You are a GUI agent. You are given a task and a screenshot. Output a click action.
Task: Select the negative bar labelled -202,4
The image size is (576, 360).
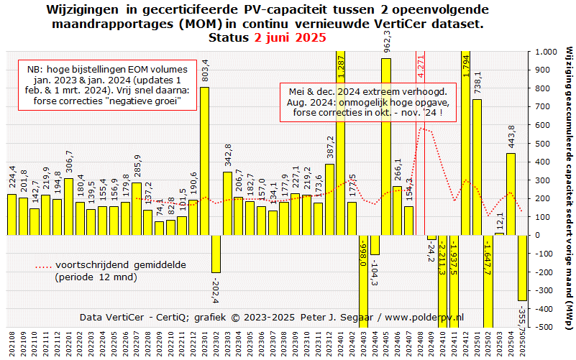[216, 253]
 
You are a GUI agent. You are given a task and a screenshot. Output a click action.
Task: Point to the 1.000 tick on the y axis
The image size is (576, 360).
[540, 52]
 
